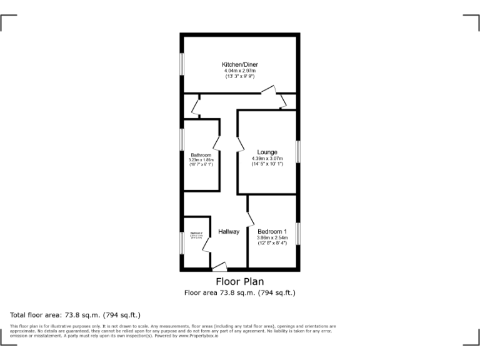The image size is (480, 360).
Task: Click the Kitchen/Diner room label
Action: click(240, 64)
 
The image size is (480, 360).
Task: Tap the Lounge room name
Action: click(267, 152)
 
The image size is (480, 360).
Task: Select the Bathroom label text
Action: click(201, 155)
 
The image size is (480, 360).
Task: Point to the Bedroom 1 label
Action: click(272, 231)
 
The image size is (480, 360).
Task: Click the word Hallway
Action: click(229, 232)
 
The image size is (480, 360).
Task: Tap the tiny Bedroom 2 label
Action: click(196, 233)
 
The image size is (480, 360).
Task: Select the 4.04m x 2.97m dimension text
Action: click(240, 71)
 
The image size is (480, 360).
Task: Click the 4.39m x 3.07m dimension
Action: click(267, 159)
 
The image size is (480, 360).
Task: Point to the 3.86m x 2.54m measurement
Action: click(272, 237)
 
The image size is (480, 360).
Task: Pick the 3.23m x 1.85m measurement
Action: click(201, 160)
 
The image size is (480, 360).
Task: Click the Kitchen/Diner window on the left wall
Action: click(182, 63)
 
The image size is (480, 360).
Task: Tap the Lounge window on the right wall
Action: click(298, 152)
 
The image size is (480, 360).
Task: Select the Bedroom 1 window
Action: click(298, 233)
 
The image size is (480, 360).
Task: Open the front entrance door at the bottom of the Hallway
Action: click(220, 267)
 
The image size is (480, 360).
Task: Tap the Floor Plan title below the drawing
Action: click(240, 282)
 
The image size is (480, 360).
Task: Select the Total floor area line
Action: click(76, 315)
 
